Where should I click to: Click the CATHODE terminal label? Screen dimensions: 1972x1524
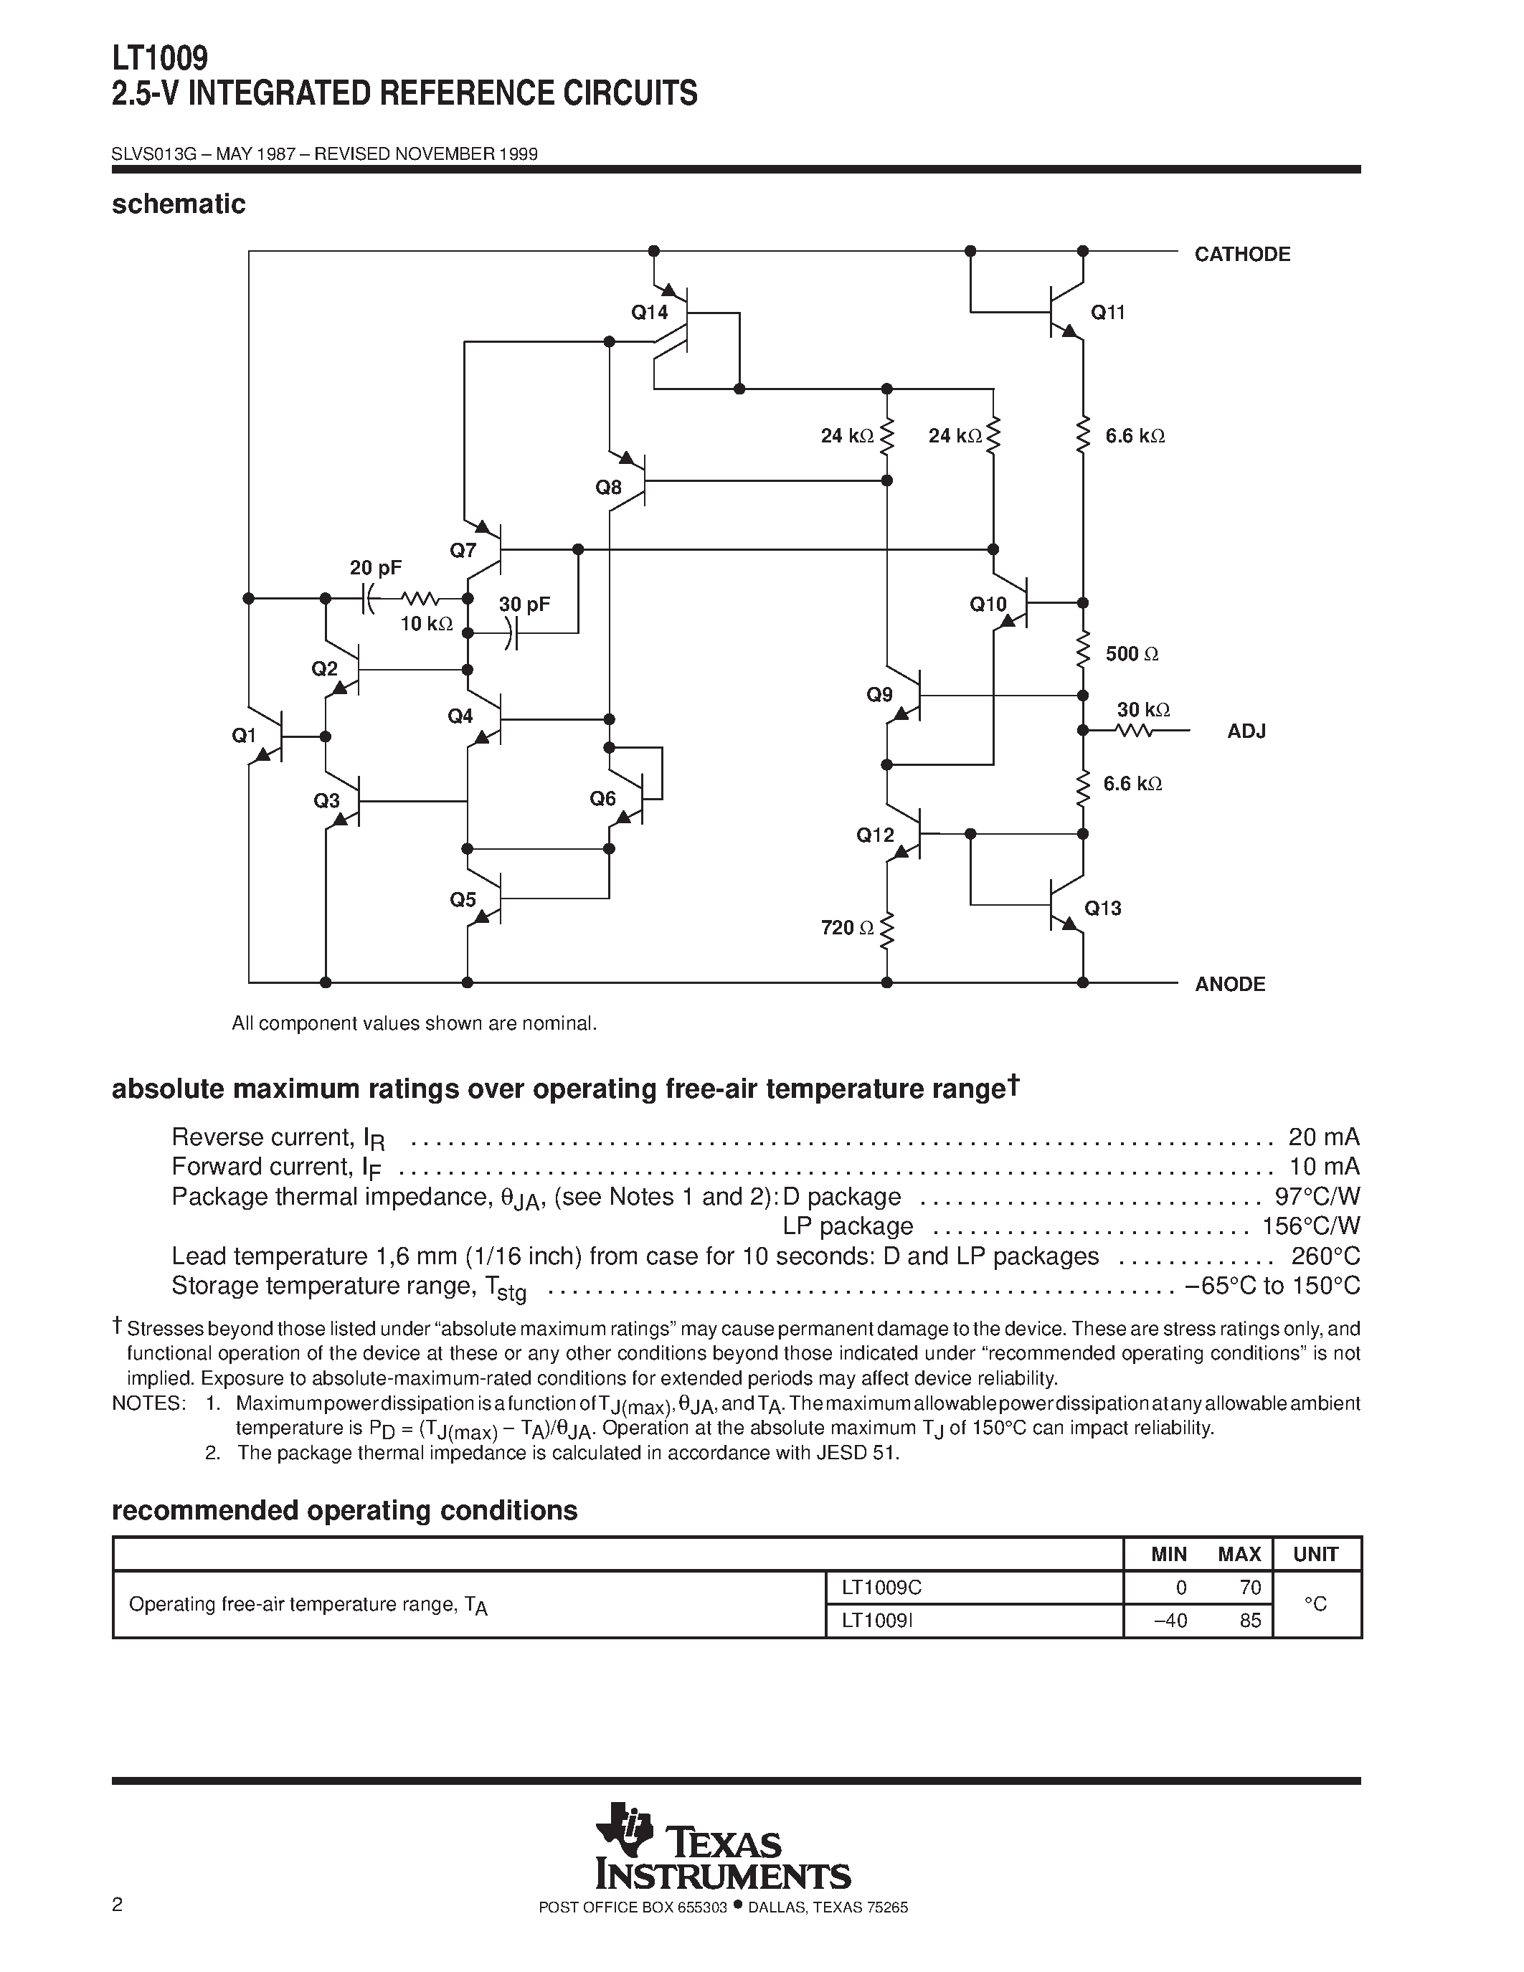point(1241,255)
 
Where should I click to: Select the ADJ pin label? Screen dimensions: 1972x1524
point(1246,731)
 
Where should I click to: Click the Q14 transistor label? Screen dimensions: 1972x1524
point(648,313)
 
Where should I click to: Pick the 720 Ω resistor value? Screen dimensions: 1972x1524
point(847,927)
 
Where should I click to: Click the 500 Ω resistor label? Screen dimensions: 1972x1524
point(1130,654)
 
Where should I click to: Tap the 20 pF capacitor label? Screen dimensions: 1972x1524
point(376,568)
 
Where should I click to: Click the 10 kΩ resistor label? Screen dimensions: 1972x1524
point(426,624)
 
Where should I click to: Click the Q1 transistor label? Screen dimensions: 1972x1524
point(244,736)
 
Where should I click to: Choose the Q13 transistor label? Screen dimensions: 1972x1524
point(1102,909)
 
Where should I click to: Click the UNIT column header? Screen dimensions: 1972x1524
point(1315,1554)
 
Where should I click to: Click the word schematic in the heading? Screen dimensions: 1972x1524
point(179,205)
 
